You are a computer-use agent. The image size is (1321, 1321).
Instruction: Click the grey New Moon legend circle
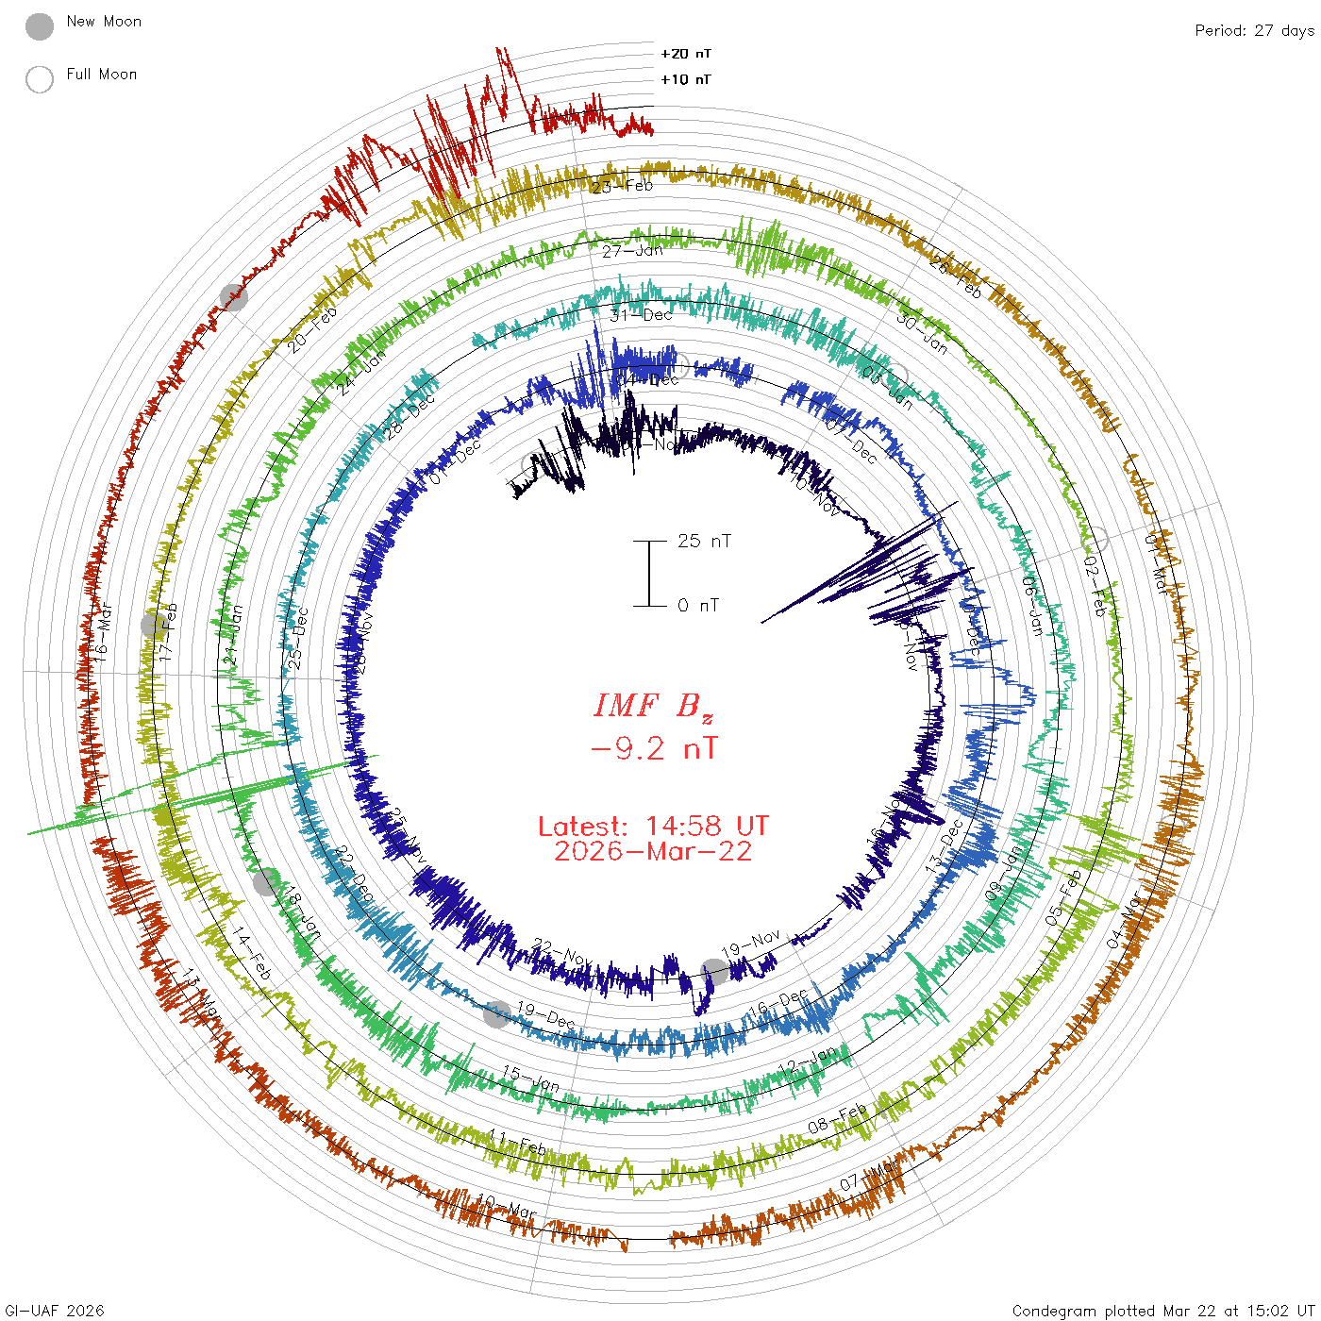[40, 27]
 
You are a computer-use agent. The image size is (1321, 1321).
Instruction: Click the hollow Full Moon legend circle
[40, 79]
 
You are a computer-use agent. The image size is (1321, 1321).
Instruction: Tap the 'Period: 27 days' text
[1254, 31]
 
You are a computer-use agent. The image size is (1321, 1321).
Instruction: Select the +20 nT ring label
[686, 54]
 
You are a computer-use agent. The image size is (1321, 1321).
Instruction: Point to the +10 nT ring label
[686, 79]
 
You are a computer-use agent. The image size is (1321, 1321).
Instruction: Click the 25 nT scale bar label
[704, 542]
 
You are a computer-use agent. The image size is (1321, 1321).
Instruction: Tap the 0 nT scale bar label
[698, 606]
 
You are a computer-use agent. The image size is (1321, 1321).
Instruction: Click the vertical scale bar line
[649, 574]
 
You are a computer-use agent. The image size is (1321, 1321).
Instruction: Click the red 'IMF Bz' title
[653, 706]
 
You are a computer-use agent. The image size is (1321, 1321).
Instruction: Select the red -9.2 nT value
[653, 749]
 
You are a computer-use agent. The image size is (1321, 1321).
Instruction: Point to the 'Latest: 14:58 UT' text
[653, 827]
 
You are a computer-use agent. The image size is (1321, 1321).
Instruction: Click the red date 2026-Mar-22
[653, 852]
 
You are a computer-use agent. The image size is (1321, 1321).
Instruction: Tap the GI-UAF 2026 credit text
[54, 1311]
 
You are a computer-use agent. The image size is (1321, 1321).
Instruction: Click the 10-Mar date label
[507, 1206]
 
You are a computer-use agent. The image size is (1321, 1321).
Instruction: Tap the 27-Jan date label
[632, 251]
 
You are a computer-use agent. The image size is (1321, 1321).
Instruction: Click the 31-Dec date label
[641, 315]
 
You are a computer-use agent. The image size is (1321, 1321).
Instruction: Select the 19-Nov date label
[751, 943]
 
